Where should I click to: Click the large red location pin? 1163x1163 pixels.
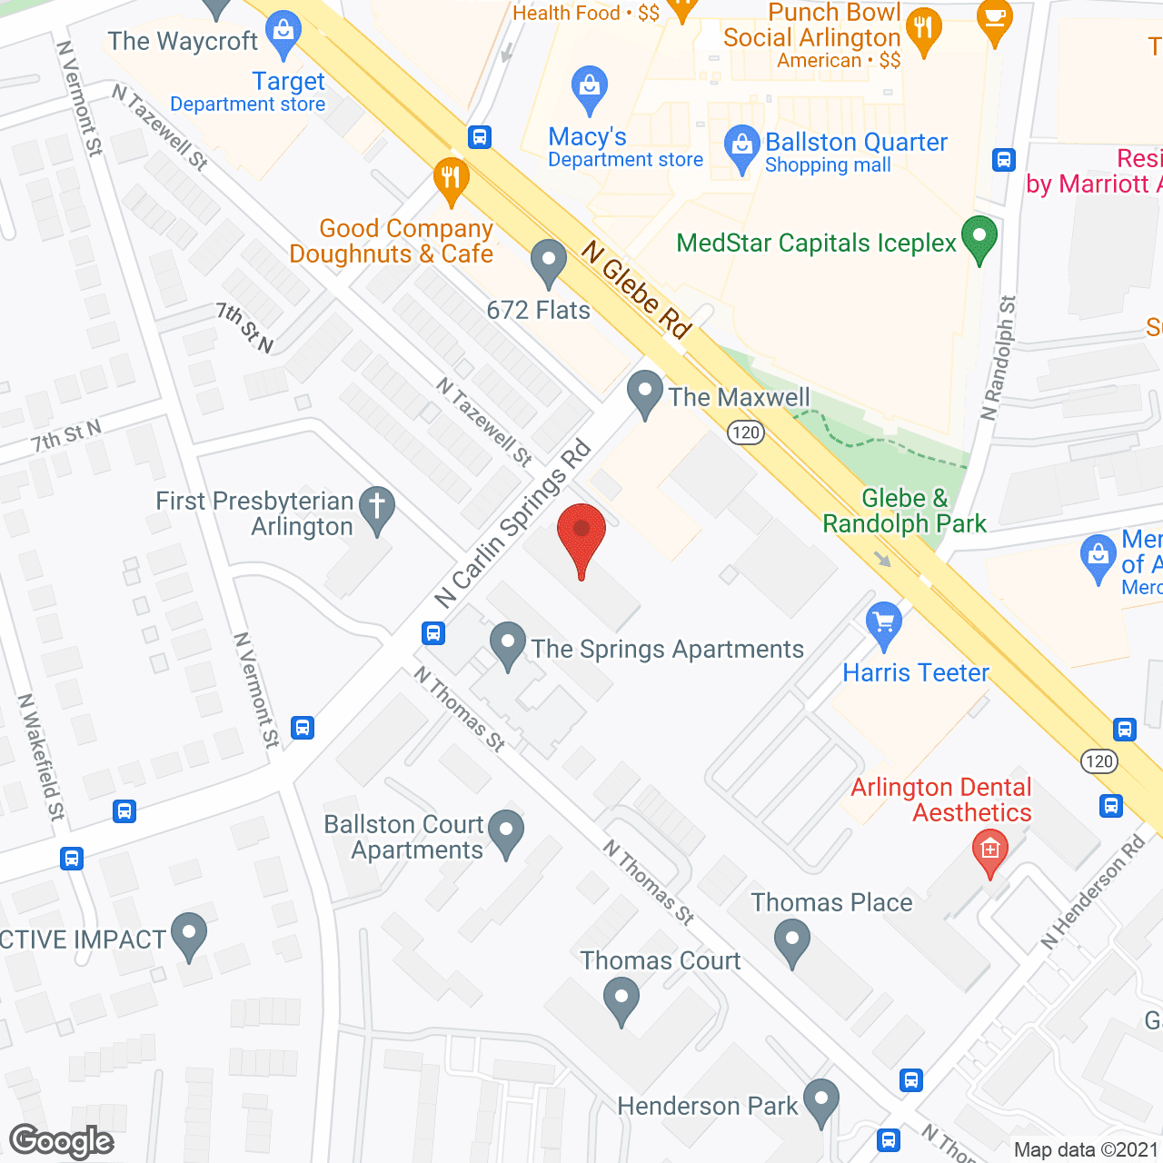click(581, 536)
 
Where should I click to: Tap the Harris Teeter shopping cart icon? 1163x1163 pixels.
click(883, 624)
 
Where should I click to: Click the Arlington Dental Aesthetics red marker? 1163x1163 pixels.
click(990, 851)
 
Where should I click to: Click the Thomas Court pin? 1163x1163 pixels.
click(621, 999)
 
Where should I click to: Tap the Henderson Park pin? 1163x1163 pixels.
click(821, 1100)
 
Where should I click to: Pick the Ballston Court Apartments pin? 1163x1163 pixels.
click(506, 831)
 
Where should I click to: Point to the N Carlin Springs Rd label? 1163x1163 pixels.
click(513, 524)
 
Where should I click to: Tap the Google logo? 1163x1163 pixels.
click(62, 1141)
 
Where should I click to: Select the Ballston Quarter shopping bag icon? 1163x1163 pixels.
click(741, 147)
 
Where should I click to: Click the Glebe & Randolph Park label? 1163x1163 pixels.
click(904, 511)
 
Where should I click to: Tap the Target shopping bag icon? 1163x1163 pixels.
click(283, 34)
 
